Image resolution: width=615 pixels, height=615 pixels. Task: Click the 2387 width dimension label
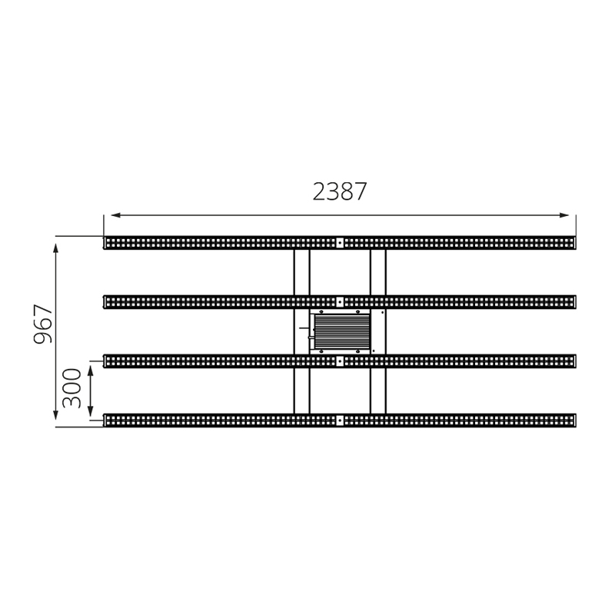point(340,191)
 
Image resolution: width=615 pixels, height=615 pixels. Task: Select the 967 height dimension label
point(43,324)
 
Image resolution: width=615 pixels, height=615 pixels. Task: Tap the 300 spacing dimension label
point(71,388)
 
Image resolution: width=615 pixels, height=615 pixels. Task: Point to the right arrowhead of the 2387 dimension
point(563,215)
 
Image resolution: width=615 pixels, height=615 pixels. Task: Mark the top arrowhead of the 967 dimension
point(55,248)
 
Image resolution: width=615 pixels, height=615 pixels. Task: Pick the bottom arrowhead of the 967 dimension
point(55,414)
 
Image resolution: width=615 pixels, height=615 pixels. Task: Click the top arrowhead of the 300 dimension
point(91,371)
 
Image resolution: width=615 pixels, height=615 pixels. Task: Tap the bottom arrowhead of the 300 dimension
point(91,411)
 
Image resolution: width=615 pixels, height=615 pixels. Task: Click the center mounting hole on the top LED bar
point(340,243)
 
